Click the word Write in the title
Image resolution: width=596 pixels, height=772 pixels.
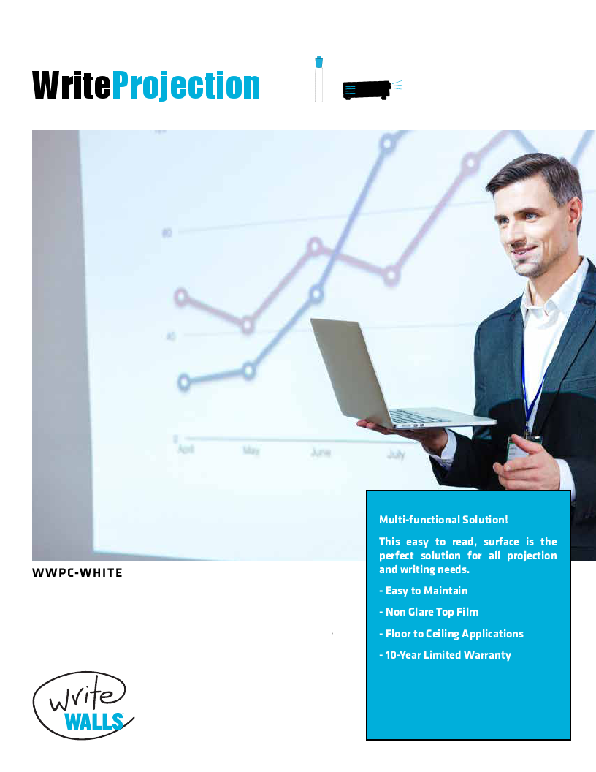coord(72,86)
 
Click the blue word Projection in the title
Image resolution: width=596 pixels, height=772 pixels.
coord(186,86)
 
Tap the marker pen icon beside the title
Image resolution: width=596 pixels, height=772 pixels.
coord(318,79)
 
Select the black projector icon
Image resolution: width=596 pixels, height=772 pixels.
coord(367,90)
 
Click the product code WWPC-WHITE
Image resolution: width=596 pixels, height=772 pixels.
coord(77,572)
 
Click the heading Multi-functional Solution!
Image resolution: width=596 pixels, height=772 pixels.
coord(443,520)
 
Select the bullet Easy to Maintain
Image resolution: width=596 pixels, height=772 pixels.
coord(424,591)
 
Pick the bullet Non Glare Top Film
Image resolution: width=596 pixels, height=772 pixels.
coord(429,612)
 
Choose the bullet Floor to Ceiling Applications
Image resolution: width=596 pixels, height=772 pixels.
coord(451,634)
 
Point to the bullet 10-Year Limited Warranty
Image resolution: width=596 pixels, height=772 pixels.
coord(445,655)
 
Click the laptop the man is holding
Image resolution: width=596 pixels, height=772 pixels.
coord(380,380)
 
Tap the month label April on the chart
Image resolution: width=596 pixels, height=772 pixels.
coord(186,450)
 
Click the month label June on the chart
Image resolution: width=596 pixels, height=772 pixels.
coord(320,453)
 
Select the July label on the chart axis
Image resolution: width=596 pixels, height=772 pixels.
coord(396,455)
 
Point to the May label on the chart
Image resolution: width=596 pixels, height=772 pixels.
coord(251,451)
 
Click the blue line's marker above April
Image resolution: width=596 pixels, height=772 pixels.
coord(184,382)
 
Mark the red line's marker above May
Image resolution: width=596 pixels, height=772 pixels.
coord(249,324)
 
